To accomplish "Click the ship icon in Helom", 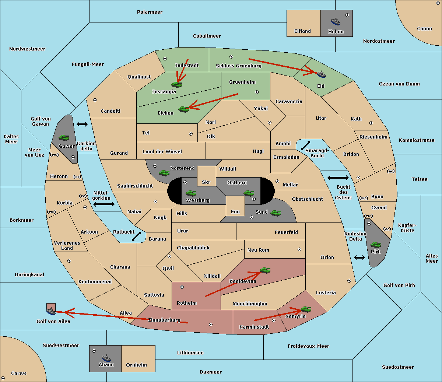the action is (x=336, y=21).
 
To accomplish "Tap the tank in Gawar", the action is (x=64, y=137).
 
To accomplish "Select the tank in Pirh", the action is (x=376, y=245).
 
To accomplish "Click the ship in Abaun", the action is (x=106, y=358).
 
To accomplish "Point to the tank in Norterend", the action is (x=164, y=173).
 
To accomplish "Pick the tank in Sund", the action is (x=276, y=213).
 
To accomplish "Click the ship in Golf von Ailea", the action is (x=51, y=311).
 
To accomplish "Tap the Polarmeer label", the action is (x=150, y=12).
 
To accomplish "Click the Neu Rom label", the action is (x=258, y=250).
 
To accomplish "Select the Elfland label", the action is (x=302, y=31).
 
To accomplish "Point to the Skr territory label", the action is (x=206, y=182).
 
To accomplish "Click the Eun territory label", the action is (x=235, y=211).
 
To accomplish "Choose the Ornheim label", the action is (x=136, y=365).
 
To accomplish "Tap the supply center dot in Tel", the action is (x=191, y=134).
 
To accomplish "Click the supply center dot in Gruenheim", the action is (x=257, y=92).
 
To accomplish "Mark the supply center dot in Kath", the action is (x=371, y=123).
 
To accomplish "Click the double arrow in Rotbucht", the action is (x=136, y=236).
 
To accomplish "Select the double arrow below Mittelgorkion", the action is (x=104, y=204).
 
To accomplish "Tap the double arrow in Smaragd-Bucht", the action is (x=305, y=146).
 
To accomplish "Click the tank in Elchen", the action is (x=184, y=109).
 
